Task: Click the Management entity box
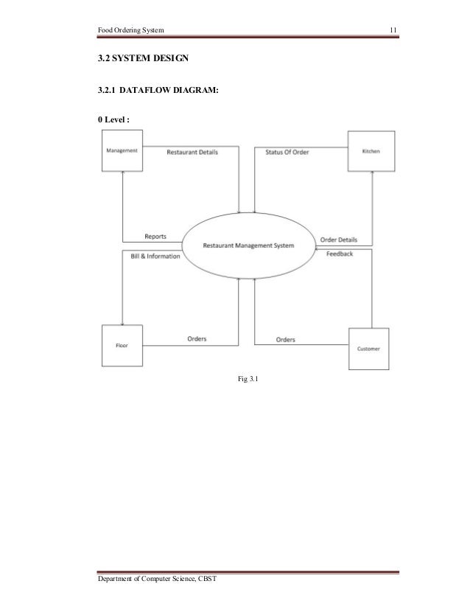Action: (x=122, y=152)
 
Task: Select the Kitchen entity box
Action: (x=371, y=152)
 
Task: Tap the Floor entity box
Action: (x=122, y=345)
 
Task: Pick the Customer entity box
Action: (x=369, y=348)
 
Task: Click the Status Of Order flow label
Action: (x=287, y=152)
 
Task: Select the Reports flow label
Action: (x=155, y=237)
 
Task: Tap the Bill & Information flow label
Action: (x=150, y=256)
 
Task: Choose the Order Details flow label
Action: (x=339, y=240)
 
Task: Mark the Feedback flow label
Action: (x=340, y=254)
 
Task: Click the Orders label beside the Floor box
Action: (x=195, y=339)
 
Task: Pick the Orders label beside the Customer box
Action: (x=286, y=340)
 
